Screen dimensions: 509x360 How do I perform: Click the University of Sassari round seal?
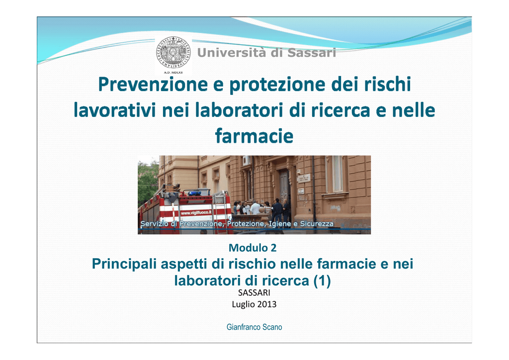[173, 53]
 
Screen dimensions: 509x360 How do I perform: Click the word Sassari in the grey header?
[312, 53]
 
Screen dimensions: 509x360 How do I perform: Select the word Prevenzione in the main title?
[153, 84]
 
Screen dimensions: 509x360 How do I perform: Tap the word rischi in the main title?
[387, 84]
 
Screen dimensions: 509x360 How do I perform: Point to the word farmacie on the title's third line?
[254, 136]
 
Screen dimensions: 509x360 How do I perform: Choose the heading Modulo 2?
[253, 248]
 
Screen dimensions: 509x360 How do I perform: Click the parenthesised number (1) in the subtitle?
[322, 281]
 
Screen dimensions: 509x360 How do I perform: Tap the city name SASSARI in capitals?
[254, 293]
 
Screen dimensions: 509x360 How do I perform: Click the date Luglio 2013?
[254, 304]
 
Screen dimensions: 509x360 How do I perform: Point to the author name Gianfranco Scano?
[254, 327]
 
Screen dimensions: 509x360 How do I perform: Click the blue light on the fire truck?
[195, 193]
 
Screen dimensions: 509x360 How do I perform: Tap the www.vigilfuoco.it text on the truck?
[196, 213]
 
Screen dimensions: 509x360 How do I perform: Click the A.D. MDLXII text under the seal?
[173, 73]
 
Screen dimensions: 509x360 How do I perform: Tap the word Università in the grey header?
[232, 53]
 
